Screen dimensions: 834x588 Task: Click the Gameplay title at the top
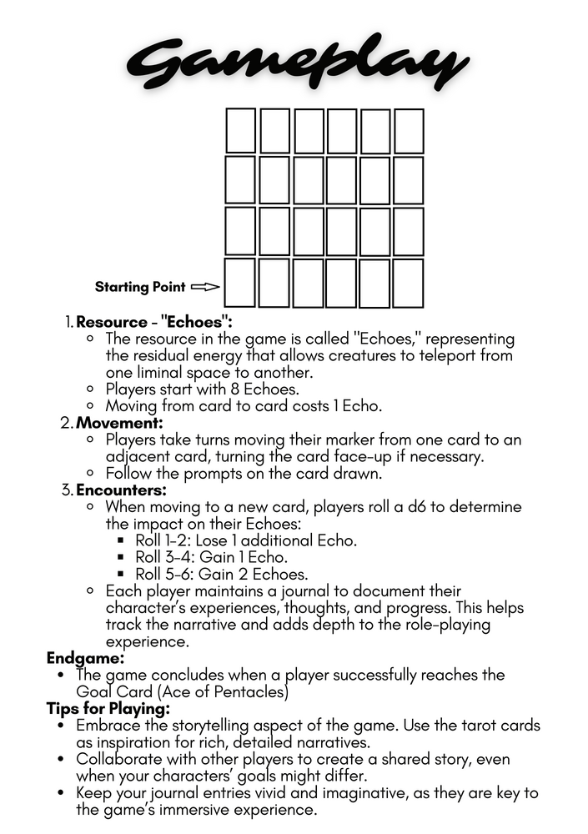pyautogui.click(x=294, y=60)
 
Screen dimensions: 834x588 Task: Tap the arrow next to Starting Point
pyautogui.click(x=205, y=287)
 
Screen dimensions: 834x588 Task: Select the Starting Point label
pyautogui.click(x=140, y=287)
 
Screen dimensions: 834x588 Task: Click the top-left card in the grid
pyautogui.click(x=240, y=131)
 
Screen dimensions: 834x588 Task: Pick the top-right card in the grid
pyautogui.click(x=409, y=131)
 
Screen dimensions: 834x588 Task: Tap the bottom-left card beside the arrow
pyautogui.click(x=240, y=283)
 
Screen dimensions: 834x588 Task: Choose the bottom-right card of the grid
pyautogui.click(x=409, y=283)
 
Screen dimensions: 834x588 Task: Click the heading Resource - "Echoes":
pyautogui.click(x=154, y=322)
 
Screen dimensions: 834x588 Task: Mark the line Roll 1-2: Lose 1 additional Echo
pyautogui.click(x=246, y=540)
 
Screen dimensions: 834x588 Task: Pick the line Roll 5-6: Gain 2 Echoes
pyautogui.click(x=221, y=574)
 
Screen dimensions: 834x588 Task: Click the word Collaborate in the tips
pyautogui.click(x=119, y=759)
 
